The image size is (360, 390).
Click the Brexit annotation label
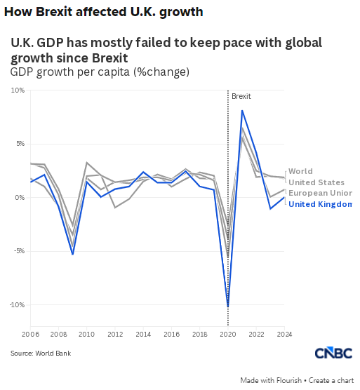click(241, 96)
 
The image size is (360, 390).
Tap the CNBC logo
click(333, 353)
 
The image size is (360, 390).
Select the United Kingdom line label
click(320, 204)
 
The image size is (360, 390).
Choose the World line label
click(300, 171)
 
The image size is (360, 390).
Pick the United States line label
click(316, 182)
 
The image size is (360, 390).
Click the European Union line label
click(320, 193)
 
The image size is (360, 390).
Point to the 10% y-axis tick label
click(18, 90)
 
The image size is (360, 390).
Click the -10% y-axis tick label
click(17, 305)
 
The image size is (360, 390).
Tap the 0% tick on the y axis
click(20, 198)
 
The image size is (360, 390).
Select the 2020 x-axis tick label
click(228, 334)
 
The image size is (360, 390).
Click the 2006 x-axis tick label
click(31, 334)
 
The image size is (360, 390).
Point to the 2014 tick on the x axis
click(143, 334)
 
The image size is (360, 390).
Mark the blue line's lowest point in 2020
click(228, 307)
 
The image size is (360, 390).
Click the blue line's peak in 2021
click(242, 111)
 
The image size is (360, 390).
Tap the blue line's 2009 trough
click(73, 254)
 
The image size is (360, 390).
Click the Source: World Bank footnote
click(41, 354)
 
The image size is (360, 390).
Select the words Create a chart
click(331, 381)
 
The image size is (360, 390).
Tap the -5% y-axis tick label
click(19, 251)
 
